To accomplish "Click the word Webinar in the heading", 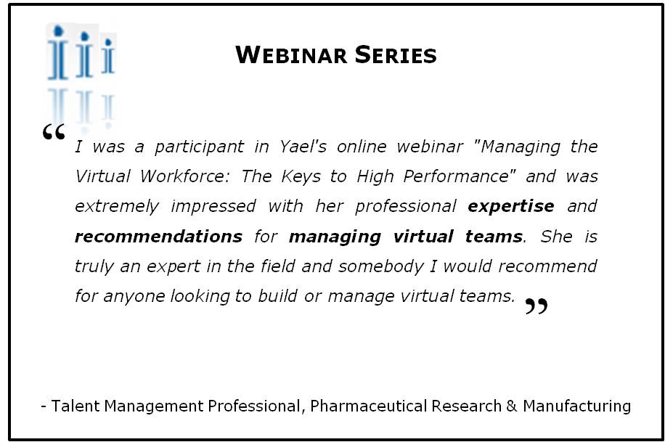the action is click(x=291, y=54).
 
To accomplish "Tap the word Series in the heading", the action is click(x=396, y=54).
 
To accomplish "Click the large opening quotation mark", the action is click(x=54, y=132).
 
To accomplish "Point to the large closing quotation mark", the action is click(x=537, y=306).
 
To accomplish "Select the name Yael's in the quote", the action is click(x=303, y=147).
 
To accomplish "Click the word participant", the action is click(x=200, y=147).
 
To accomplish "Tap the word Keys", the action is click(x=301, y=177).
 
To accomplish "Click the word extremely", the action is click(x=117, y=207).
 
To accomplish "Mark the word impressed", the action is click(x=213, y=207).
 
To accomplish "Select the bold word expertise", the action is click(x=511, y=207).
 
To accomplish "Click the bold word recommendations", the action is click(x=159, y=237).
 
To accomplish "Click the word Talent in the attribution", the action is click(x=76, y=406).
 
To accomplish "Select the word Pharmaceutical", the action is click(x=369, y=406).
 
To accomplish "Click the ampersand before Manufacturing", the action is click(x=512, y=406).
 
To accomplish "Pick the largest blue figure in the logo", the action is click(x=57, y=52).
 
